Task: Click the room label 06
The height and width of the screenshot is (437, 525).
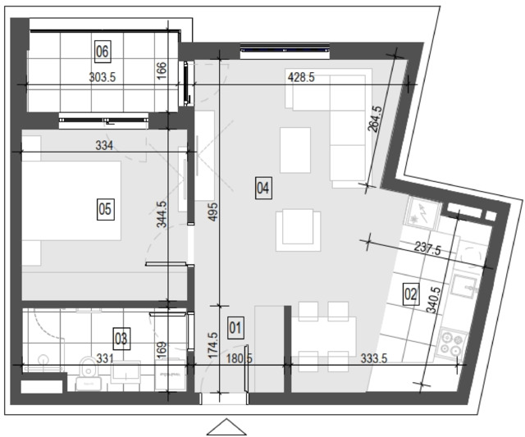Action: [103, 52]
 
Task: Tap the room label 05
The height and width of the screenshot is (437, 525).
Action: [105, 209]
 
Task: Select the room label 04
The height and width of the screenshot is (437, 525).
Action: [262, 188]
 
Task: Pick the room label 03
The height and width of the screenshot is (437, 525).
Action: [121, 339]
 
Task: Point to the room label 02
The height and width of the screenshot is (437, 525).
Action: [411, 294]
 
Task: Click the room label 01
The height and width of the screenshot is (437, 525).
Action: [235, 328]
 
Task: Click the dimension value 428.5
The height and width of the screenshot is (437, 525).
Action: [301, 78]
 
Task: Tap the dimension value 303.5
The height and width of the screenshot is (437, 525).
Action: [103, 78]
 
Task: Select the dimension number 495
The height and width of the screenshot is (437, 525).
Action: [213, 212]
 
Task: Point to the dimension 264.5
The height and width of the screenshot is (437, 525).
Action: [375, 120]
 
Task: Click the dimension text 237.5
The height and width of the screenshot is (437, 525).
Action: [428, 249]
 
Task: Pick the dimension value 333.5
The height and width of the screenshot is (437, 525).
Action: [374, 358]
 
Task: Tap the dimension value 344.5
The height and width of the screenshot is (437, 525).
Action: [162, 214]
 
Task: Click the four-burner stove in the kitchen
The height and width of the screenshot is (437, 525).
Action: [452, 345]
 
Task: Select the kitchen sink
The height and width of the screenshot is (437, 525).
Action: [464, 286]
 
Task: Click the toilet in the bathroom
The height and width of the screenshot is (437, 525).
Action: [88, 373]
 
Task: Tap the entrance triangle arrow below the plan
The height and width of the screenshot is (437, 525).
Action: [226, 427]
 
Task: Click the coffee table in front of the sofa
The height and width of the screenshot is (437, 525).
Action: [295, 150]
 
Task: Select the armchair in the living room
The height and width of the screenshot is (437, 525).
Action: [298, 231]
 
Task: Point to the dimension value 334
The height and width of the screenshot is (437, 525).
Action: [104, 146]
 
